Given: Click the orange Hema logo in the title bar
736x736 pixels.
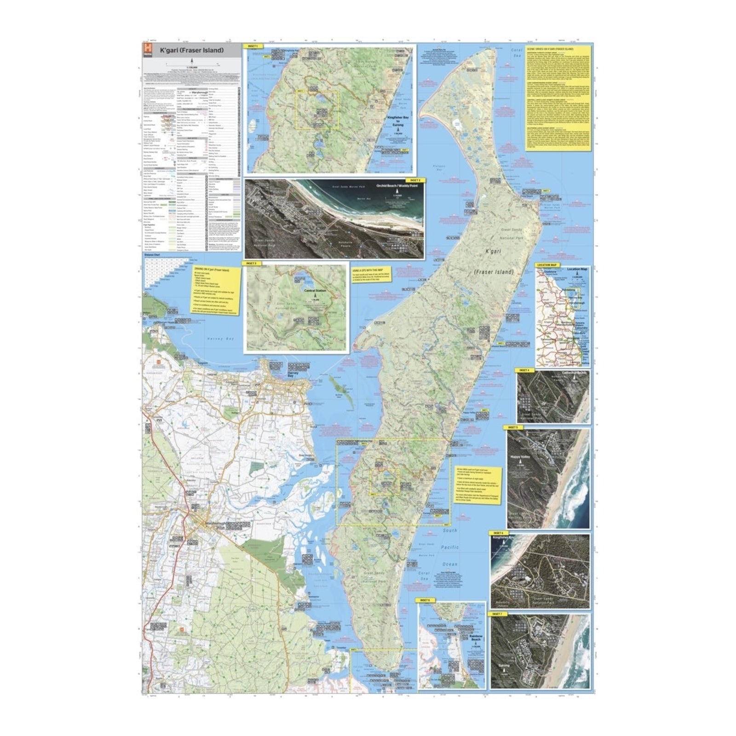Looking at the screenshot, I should [x=147, y=50].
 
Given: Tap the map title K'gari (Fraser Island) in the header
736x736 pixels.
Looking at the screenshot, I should [x=191, y=50].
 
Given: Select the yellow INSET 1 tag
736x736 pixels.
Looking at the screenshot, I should [x=253, y=46].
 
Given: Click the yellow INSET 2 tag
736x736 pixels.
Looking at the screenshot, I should [x=414, y=180].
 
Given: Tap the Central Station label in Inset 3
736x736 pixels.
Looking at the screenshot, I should [x=315, y=291].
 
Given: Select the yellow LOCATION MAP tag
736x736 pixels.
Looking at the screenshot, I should [x=546, y=265].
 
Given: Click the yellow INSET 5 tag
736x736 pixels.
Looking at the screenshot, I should [x=512, y=427].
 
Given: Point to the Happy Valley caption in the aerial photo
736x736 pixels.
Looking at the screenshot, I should [x=520, y=457].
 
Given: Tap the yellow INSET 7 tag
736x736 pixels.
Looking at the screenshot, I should [x=496, y=614].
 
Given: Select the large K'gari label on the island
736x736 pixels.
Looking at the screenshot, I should [x=493, y=252].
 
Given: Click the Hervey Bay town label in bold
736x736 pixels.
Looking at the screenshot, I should [x=293, y=374].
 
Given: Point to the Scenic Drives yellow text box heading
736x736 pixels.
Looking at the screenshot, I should [x=550, y=48].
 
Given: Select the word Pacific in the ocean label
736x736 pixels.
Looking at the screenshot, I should [x=449, y=547].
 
